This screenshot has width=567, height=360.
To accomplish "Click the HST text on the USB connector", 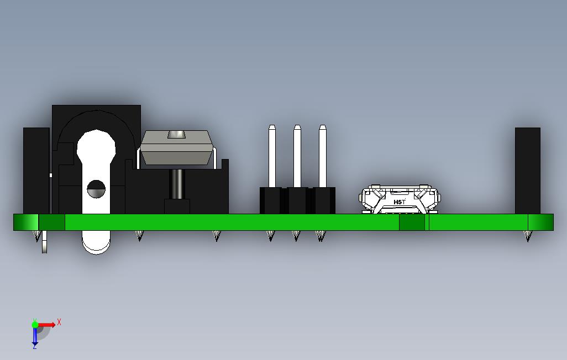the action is click(x=400, y=202).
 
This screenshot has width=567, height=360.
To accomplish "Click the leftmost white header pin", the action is click(x=272, y=157).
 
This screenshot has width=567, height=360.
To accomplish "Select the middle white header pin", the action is click(x=297, y=157).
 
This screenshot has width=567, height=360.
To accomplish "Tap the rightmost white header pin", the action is click(x=323, y=157).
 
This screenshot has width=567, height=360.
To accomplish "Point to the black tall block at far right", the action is click(x=527, y=171).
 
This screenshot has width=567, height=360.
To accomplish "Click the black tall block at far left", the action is click(x=36, y=171).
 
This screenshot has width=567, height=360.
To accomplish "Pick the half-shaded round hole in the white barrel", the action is click(x=96, y=189).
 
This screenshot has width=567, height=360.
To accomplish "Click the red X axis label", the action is click(x=59, y=322).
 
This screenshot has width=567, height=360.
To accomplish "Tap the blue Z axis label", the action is click(x=34, y=346).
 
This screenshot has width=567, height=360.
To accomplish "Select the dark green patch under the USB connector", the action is click(x=412, y=222).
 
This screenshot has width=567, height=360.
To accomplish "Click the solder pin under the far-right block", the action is click(x=528, y=236).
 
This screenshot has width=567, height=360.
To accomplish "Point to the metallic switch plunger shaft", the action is click(x=177, y=184).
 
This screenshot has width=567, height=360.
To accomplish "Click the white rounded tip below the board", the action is click(x=96, y=243).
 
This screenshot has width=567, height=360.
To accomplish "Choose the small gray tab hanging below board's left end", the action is click(x=44, y=242).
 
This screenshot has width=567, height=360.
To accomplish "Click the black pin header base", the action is click(x=297, y=201).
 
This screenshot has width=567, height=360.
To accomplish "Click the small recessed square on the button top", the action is click(x=176, y=135).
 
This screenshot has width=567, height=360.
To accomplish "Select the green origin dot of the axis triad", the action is click(x=35, y=325).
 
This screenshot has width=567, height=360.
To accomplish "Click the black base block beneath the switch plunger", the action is click(x=177, y=207).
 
